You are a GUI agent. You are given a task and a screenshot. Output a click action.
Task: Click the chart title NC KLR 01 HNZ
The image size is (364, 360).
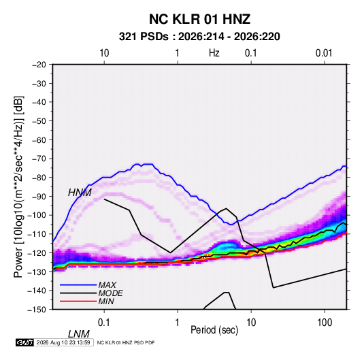click(x=199, y=19)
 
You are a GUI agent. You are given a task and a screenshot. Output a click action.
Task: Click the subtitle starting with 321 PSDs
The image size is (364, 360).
click(x=199, y=37)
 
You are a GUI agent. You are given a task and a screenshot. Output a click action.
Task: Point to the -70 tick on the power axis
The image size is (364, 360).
click(x=39, y=159)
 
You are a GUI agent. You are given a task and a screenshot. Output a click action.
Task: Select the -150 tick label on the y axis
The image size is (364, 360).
click(x=37, y=310)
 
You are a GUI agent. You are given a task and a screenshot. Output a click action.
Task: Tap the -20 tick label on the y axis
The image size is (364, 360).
click(x=39, y=65)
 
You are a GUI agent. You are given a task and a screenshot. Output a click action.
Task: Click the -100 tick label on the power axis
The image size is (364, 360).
click(x=37, y=215)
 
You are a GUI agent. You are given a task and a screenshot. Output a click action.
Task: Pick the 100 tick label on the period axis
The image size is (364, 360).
click(x=325, y=323)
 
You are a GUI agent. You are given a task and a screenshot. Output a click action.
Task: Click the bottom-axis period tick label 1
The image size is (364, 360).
click(x=177, y=323)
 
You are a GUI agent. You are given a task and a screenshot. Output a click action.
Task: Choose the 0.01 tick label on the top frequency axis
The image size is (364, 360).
click(x=324, y=53)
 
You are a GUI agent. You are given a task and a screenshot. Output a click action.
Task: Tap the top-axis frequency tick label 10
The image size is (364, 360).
click(x=104, y=53)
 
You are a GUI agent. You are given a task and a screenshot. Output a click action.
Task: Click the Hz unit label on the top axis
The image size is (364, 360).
click(x=214, y=53)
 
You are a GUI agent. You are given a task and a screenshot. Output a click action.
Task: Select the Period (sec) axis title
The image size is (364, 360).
click(x=214, y=330)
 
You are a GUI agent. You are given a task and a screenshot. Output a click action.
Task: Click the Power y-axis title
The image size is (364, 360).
click(x=18, y=187)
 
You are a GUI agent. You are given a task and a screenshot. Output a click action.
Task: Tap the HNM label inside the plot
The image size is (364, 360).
click(x=80, y=193)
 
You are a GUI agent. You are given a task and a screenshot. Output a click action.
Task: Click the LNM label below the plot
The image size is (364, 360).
click(x=79, y=334)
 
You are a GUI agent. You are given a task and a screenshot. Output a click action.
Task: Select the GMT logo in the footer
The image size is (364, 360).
click(x=24, y=342)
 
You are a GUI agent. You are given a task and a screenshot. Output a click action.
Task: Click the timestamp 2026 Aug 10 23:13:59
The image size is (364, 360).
click(x=63, y=342)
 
